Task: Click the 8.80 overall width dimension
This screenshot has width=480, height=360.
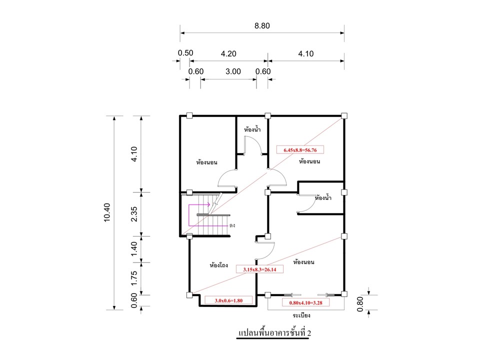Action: point(262,25)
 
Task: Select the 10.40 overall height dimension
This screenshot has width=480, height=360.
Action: point(107,212)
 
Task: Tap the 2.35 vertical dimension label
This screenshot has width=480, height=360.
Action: point(134,214)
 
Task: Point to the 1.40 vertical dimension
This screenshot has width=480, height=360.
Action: point(134,249)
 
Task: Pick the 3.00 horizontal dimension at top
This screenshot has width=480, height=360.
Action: point(233,71)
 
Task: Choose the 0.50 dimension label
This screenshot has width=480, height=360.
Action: point(185,53)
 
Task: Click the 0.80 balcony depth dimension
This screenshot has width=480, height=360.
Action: point(360,304)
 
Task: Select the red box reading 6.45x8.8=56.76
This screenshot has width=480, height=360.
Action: point(300,150)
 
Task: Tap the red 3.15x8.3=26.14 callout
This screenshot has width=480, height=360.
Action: point(259,269)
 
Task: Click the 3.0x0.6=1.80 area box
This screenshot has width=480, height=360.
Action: point(228,300)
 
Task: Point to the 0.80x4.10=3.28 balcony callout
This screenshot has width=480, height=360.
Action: point(305,303)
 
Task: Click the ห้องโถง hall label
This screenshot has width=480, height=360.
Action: point(219,265)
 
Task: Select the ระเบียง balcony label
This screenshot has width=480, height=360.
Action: point(301,315)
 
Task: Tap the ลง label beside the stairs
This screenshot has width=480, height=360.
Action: point(232,225)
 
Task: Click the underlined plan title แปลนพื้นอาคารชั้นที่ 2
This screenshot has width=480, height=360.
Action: point(274,333)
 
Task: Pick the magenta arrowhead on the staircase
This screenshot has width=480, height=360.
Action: point(208,204)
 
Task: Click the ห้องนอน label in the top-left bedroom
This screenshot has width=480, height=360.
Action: point(206,162)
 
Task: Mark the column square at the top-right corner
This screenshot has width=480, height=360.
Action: point(344,115)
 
